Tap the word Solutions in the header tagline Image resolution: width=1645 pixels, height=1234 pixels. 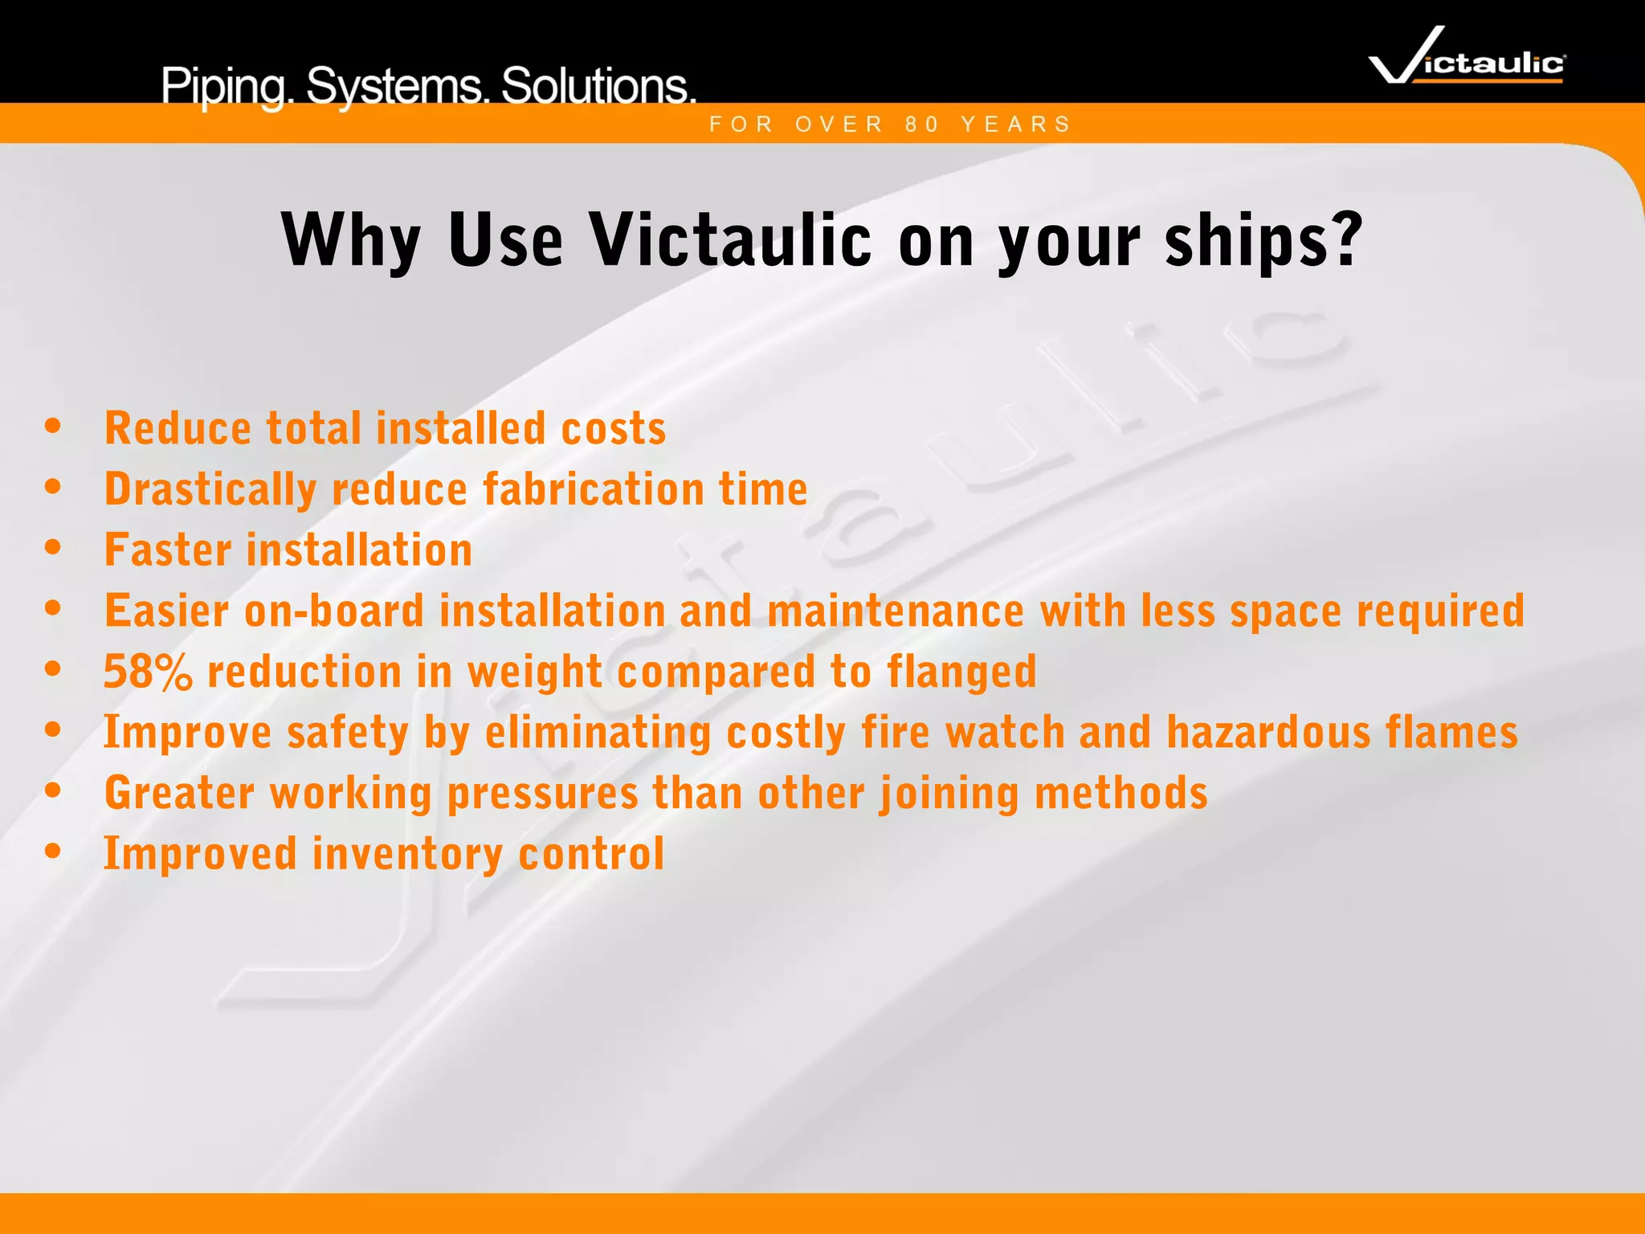598,85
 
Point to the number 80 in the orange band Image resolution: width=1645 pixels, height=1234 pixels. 922,125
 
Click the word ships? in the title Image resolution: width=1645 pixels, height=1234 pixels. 1264,240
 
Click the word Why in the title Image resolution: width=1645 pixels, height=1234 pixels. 351,240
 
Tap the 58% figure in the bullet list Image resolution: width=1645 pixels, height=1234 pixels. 148,672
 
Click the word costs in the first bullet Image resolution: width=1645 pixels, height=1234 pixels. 613,428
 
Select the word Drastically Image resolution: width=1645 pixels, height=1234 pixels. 210,489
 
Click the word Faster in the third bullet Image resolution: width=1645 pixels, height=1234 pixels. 168,550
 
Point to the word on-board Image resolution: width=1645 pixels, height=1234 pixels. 333,611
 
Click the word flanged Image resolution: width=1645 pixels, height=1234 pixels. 961,672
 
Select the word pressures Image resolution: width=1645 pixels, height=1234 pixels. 542,794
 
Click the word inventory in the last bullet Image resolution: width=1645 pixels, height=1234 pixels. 407,854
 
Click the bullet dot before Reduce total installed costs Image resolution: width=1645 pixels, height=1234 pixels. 53,427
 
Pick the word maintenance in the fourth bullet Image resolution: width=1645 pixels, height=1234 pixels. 896,611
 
